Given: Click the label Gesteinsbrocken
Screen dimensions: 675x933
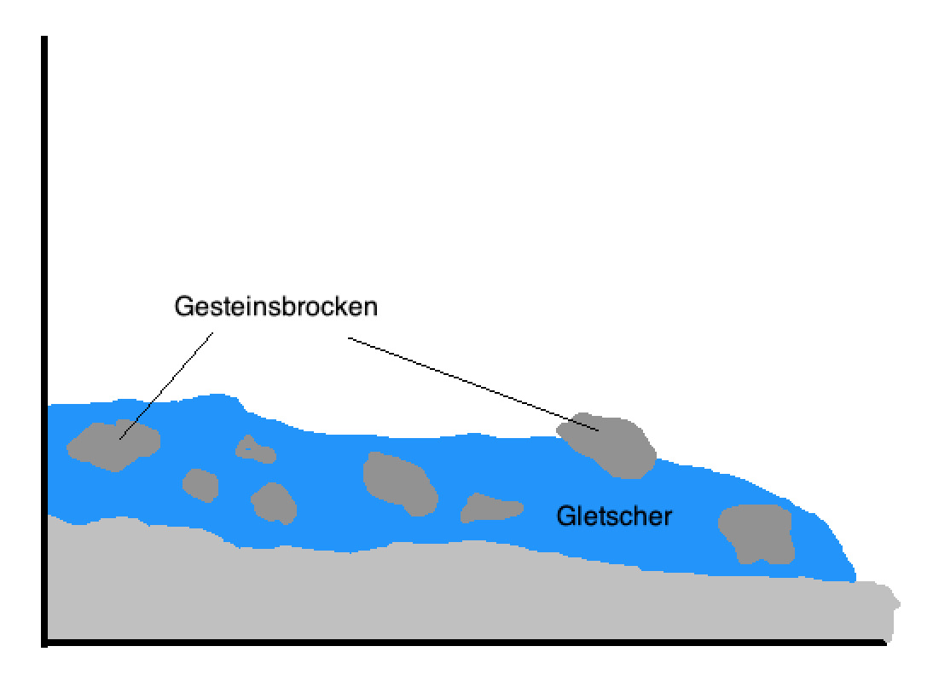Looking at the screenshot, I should click(275, 307).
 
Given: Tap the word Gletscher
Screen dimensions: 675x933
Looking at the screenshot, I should click(614, 516).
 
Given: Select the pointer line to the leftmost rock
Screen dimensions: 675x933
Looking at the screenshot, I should click(167, 384).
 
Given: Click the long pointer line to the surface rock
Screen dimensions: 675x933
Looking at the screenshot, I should click(473, 384).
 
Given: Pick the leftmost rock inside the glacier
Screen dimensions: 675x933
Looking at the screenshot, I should click(113, 444).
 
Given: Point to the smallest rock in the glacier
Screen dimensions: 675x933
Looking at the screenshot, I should click(253, 449).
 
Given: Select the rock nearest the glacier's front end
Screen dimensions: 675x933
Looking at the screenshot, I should click(756, 532).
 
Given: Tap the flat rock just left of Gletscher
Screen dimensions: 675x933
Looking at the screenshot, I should click(490, 508).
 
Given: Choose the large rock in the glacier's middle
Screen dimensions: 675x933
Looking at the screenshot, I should click(399, 482).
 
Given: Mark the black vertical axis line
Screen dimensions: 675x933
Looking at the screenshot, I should click(43, 341).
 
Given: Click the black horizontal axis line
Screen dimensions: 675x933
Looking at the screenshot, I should click(461, 643).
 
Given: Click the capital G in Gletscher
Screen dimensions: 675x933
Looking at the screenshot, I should click(565, 516).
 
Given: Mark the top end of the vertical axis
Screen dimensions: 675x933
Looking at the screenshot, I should click(43, 39).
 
